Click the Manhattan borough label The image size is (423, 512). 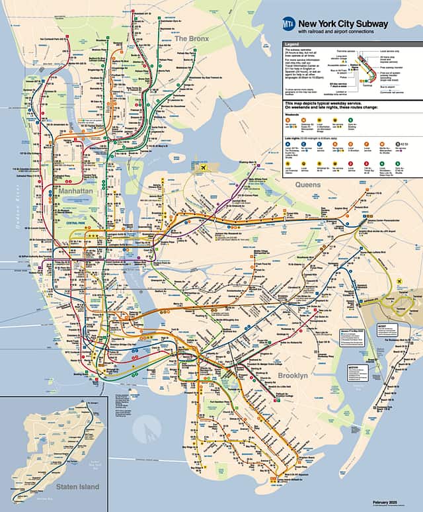pyautogui.click(x=75, y=191)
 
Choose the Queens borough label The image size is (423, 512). pyautogui.click(x=307, y=185)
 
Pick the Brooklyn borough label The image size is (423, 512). pyautogui.click(x=293, y=376)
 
